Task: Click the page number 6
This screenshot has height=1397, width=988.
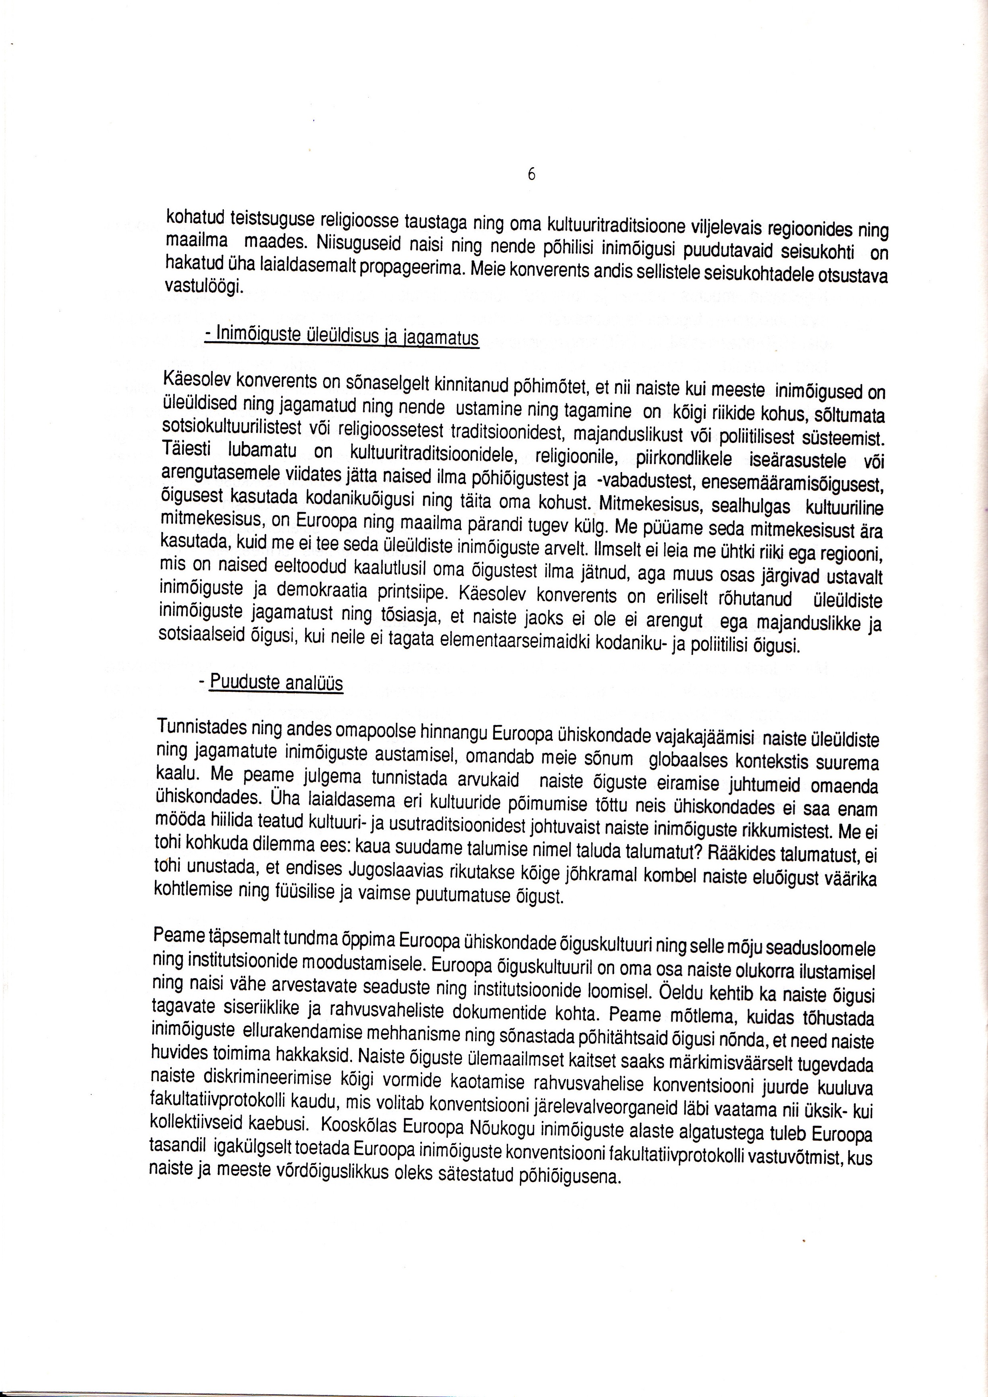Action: coord(531,174)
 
